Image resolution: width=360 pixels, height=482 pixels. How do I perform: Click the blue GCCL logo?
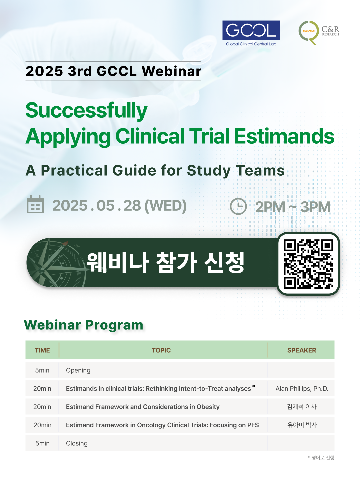[251, 33]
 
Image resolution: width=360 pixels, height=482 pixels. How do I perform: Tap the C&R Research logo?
[319, 33]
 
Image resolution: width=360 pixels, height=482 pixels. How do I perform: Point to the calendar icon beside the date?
[35, 204]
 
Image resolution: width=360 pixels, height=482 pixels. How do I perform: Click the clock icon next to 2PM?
[238, 206]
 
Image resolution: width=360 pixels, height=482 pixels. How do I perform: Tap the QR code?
[308, 264]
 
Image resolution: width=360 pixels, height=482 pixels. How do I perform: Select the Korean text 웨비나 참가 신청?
[165, 262]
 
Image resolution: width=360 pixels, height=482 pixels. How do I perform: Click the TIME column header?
[42, 350]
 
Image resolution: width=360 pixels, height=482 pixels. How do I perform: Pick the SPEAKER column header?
[302, 350]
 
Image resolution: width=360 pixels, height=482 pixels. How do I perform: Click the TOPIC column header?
[161, 350]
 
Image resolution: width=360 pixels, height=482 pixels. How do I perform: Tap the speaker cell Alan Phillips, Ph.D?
[302, 389]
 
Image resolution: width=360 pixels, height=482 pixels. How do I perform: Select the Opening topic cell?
[78, 370]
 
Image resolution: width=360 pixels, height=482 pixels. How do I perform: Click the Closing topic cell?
[77, 443]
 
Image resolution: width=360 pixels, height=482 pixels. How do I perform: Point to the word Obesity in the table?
[208, 407]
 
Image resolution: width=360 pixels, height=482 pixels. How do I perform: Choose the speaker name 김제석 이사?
[302, 407]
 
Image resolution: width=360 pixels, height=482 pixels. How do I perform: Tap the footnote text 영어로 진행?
[323, 458]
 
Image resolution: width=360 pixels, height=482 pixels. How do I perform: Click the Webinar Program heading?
[83, 325]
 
